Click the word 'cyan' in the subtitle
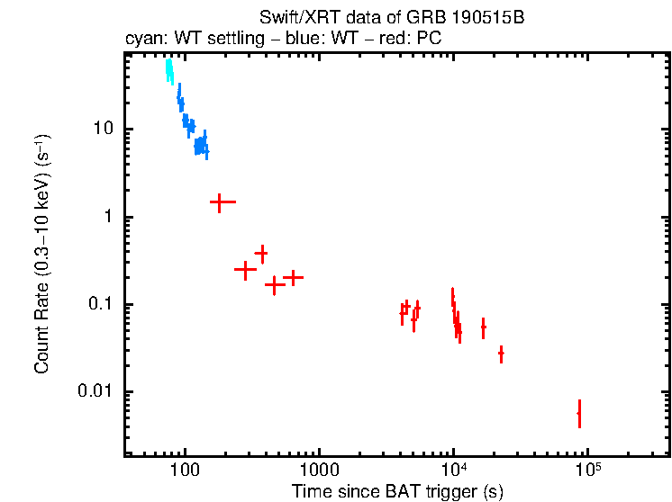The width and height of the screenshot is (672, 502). (141, 40)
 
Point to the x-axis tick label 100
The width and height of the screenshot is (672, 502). (185, 471)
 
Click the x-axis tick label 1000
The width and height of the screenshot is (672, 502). (319, 471)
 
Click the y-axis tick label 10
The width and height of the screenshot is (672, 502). (102, 129)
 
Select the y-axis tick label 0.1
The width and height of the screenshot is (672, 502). (99, 304)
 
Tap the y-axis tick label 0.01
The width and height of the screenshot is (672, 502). (95, 391)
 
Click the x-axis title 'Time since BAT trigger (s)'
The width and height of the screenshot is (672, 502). (397, 491)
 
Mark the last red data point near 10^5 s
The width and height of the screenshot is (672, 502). (579, 413)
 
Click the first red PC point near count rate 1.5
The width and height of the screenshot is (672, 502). (217, 202)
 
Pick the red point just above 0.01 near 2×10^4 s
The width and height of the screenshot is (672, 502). (501, 354)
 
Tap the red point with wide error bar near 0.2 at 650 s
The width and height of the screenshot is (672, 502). (291, 278)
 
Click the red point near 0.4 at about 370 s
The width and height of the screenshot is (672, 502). (261, 254)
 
